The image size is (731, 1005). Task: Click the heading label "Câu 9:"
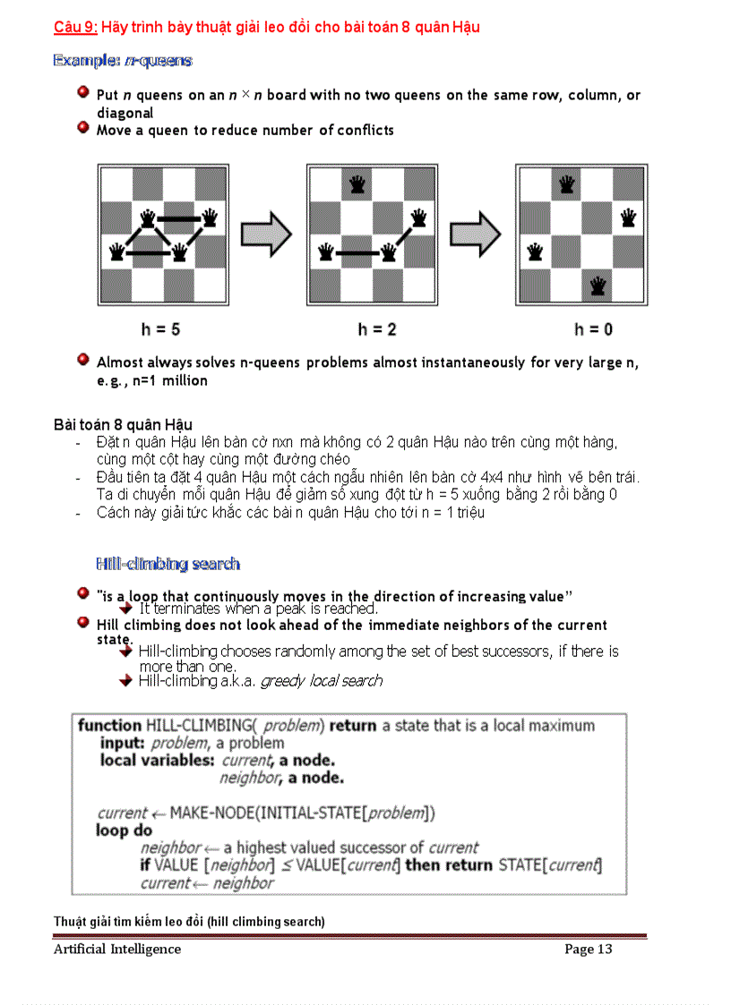(x=75, y=27)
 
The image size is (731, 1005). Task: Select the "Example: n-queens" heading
(x=123, y=61)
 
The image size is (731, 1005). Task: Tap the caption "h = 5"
(x=160, y=329)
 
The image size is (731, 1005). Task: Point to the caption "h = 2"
(x=377, y=329)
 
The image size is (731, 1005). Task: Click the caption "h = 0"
(x=593, y=329)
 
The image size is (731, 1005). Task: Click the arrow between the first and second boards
(x=267, y=235)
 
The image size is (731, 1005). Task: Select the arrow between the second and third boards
(x=475, y=235)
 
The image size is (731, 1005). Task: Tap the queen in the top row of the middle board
(x=357, y=183)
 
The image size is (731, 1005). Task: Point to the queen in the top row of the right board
(x=566, y=183)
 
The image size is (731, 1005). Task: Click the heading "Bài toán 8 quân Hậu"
(x=123, y=424)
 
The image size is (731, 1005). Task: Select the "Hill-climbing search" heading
(x=168, y=564)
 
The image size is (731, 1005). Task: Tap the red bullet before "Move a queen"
(x=82, y=129)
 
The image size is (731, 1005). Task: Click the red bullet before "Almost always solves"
(x=82, y=360)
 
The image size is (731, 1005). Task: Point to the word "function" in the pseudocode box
(x=109, y=726)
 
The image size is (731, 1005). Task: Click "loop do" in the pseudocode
(x=124, y=830)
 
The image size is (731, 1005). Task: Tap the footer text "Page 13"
(x=588, y=950)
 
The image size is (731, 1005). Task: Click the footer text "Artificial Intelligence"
(x=116, y=950)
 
